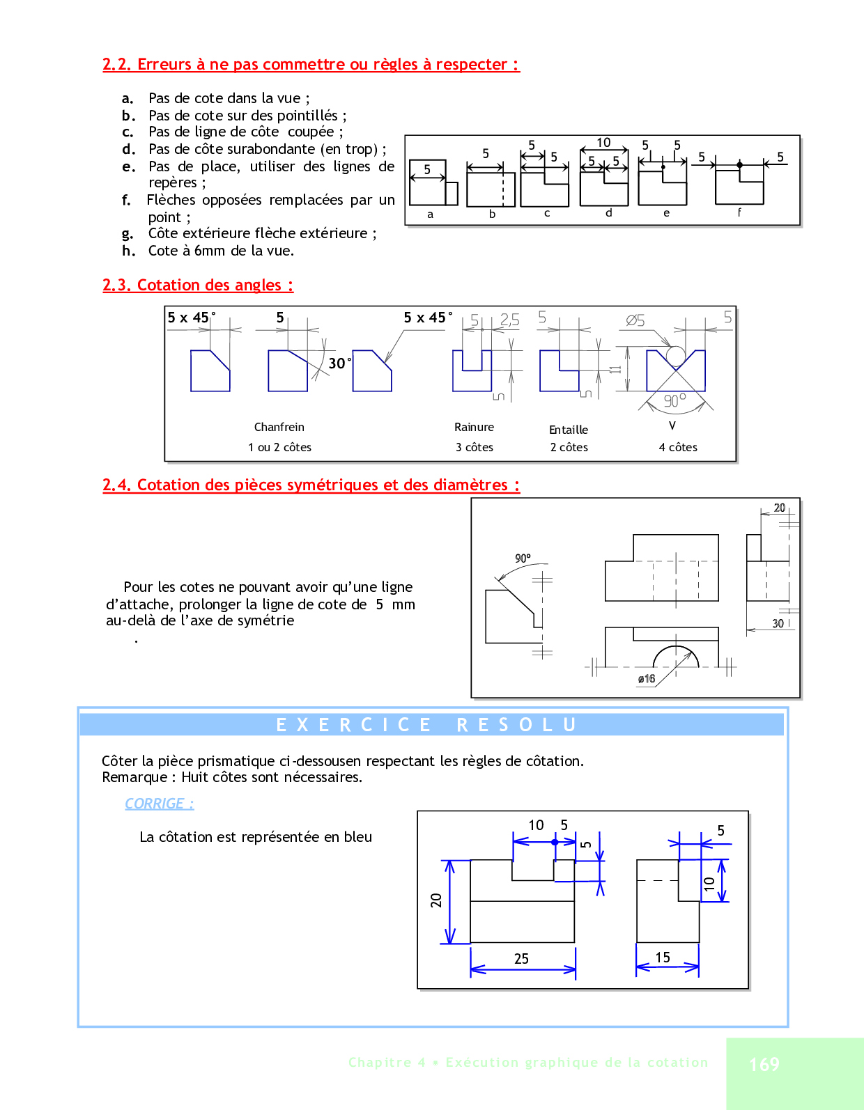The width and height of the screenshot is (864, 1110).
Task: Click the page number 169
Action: pyautogui.click(x=764, y=1064)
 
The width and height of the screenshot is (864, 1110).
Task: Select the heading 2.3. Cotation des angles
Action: pyautogui.click(x=198, y=285)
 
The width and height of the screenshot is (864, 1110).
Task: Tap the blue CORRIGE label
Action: pyautogui.click(x=160, y=804)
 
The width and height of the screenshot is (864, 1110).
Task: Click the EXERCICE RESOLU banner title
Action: pyautogui.click(x=426, y=725)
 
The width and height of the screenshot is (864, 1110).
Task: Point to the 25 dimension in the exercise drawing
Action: pyautogui.click(x=521, y=959)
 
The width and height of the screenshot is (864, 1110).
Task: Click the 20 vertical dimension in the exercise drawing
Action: pyautogui.click(x=436, y=900)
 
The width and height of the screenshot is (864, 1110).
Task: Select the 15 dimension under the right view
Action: pyautogui.click(x=663, y=957)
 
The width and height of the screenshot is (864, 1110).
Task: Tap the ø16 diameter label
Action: pyautogui.click(x=647, y=679)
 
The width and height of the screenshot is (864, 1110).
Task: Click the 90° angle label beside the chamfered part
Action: pyautogui.click(x=523, y=558)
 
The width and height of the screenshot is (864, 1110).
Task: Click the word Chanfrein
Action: pyautogui.click(x=279, y=427)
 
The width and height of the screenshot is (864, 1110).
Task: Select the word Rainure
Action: pyautogui.click(x=474, y=427)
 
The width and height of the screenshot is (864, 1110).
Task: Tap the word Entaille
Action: pyautogui.click(x=569, y=430)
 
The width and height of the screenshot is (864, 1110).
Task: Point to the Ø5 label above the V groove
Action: pyautogui.click(x=635, y=320)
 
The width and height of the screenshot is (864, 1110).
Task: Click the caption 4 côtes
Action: pyautogui.click(x=678, y=447)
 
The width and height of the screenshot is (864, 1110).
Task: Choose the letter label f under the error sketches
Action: pyautogui.click(x=739, y=212)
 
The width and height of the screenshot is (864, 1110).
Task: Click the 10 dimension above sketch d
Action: pyautogui.click(x=603, y=143)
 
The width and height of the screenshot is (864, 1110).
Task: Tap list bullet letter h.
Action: pyautogui.click(x=128, y=251)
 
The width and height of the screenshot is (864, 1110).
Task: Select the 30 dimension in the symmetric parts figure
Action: pyautogui.click(x=778, y=623)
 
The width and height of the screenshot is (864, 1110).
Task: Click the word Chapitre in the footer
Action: pyautogui.click(x=380, y=1062)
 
